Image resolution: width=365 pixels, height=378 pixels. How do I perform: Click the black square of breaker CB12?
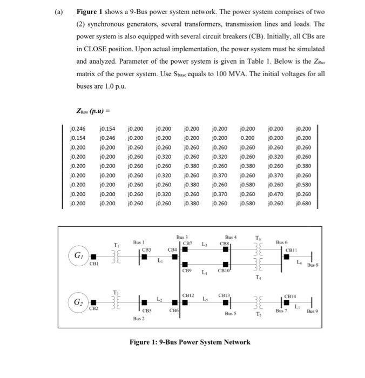pyautogui.click(x=188, y=302)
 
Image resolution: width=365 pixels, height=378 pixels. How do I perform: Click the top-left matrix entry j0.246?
pyautogui.click(x=78, y=129)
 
